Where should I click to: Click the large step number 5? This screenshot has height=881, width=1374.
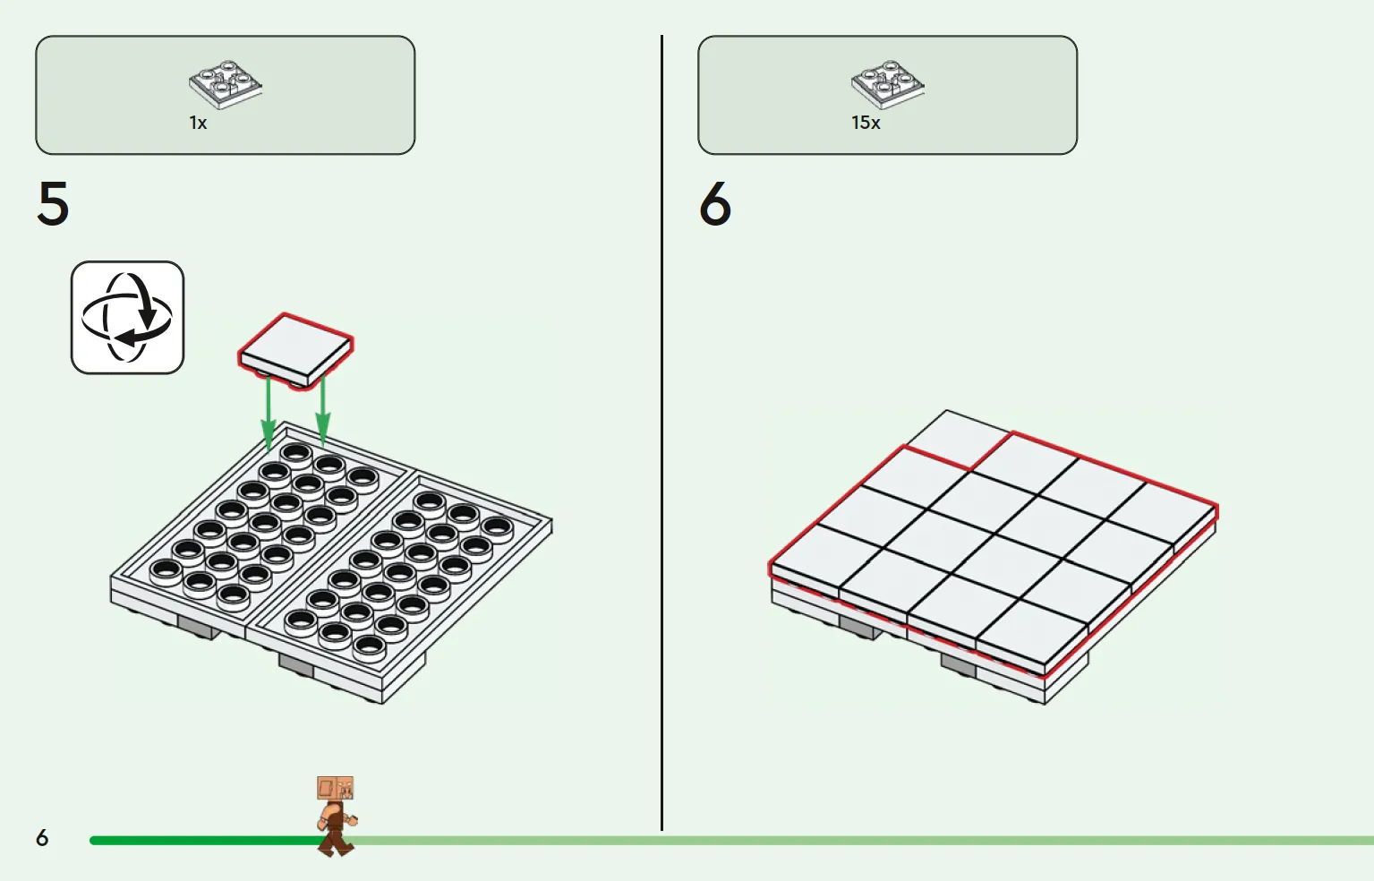click(x=54, y=203)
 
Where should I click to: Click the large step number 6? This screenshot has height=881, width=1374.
click(x=715, y=203)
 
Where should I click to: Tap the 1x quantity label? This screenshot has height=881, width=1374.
click(x=198, y=123)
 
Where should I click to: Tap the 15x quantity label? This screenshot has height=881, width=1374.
click(x=866, y=123)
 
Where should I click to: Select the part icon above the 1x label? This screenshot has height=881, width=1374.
click(x=226, y=85)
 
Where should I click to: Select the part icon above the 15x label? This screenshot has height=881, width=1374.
click(x=888, y=85)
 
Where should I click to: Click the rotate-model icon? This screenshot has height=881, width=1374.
click(x=128, y=317)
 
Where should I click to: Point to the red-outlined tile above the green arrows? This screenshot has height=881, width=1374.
click(x=295, y=351)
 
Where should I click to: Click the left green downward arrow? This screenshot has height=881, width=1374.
click(x=268, y=415)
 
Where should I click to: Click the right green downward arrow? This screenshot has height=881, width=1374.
click(x=322, y=410)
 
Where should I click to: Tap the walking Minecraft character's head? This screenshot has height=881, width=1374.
click(x=335, y=789)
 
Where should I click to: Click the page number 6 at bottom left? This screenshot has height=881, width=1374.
click(x=42, y=837)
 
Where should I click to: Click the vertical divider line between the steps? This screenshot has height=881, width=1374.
click(x=661, y=432)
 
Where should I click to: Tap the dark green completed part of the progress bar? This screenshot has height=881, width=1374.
click(x=206, y=841)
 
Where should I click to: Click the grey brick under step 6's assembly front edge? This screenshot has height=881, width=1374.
click(x=958, y=663)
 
